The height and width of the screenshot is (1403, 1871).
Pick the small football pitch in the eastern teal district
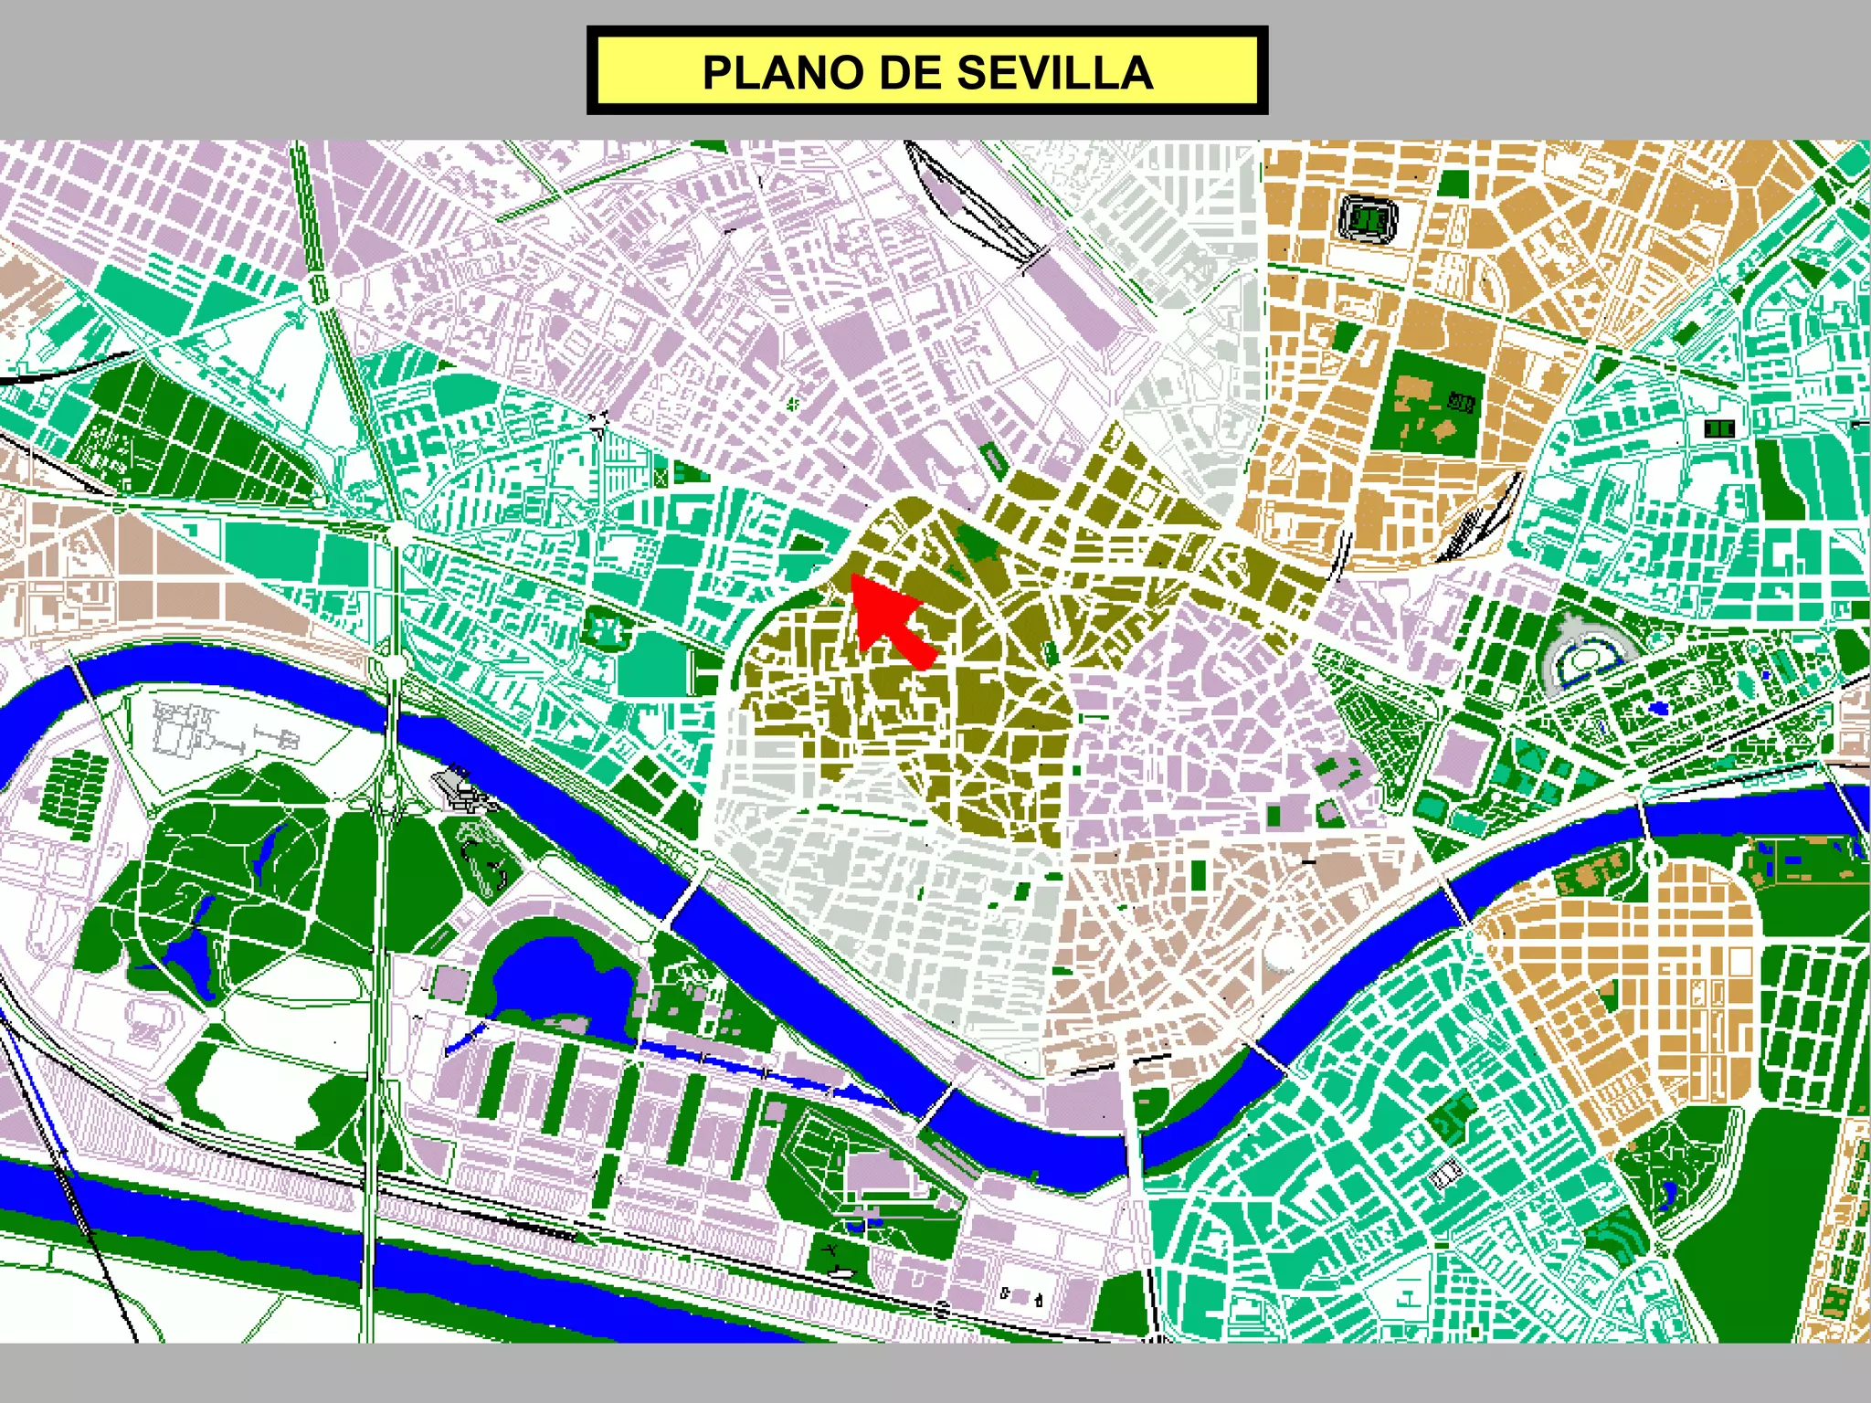coord(1721,427)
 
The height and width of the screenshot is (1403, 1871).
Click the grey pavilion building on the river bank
coord(463,787)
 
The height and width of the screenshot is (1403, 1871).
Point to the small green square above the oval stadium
coord(1453,183)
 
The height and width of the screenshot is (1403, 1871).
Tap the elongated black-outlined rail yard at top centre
coord(973,206)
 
